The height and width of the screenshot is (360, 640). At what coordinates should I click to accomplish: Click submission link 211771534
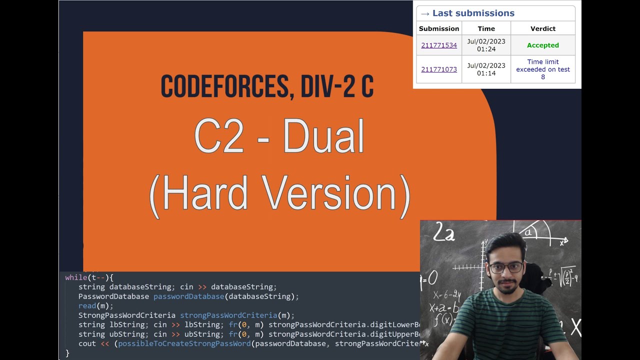click(439, 45)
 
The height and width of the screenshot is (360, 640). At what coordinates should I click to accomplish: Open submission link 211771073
click(439, 69)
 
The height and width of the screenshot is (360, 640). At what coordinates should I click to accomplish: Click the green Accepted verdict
click(542, 45)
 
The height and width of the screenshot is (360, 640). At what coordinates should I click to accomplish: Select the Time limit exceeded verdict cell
click(542, 69)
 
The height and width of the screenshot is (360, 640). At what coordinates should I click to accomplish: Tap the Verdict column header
click(542, 28)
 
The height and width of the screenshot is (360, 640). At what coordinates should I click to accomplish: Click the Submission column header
click(439, 28)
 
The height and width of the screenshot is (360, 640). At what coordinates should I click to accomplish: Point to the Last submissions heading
click(473, 13)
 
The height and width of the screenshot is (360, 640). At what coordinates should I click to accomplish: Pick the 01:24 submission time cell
click(486, 45)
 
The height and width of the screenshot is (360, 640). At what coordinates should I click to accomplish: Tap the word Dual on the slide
click(323, 136)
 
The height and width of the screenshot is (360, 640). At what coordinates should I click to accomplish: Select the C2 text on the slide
click(219, 136)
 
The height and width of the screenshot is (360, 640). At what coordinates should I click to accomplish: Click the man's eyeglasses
click(506, 267)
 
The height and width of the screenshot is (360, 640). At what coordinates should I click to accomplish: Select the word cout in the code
click(87, 344)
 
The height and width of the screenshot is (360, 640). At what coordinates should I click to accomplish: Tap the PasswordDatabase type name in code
click(113, 296)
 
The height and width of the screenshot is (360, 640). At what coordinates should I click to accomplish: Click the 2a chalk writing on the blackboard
click(443, 233)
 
